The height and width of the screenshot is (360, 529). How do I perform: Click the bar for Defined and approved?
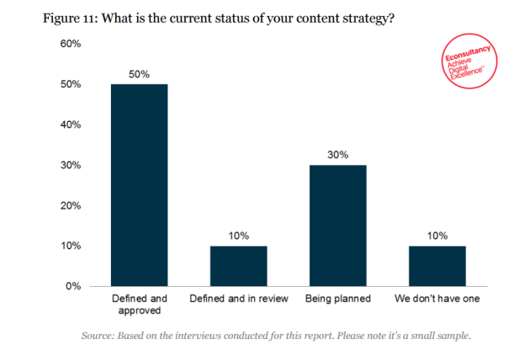point(140,185)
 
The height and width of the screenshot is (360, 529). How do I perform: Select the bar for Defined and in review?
point(239,266)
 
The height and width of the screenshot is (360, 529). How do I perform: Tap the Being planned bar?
point(338,225)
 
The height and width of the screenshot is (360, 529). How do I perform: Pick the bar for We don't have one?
point(436,266)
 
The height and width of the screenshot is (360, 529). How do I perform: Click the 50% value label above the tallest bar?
point(140,74)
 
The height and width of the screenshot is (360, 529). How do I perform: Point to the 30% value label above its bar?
point(338,155)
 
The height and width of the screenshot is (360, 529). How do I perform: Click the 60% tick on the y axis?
point(69,44)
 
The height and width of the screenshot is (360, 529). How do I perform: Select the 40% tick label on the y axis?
point(69,124)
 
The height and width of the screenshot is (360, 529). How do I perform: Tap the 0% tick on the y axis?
point(72,286)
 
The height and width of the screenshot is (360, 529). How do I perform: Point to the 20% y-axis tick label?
point(69,205)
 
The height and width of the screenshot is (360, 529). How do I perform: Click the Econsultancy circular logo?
point(471,63)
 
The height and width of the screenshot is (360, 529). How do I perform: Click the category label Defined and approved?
point(140,304)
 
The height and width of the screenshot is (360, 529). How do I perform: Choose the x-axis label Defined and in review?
point(239,299)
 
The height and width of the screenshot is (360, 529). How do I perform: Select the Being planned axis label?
point(338,299)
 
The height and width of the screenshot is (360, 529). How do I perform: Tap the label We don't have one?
point(436,299)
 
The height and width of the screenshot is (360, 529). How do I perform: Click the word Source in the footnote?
point(99,336)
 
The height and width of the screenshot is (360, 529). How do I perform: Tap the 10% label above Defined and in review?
point(239,236)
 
